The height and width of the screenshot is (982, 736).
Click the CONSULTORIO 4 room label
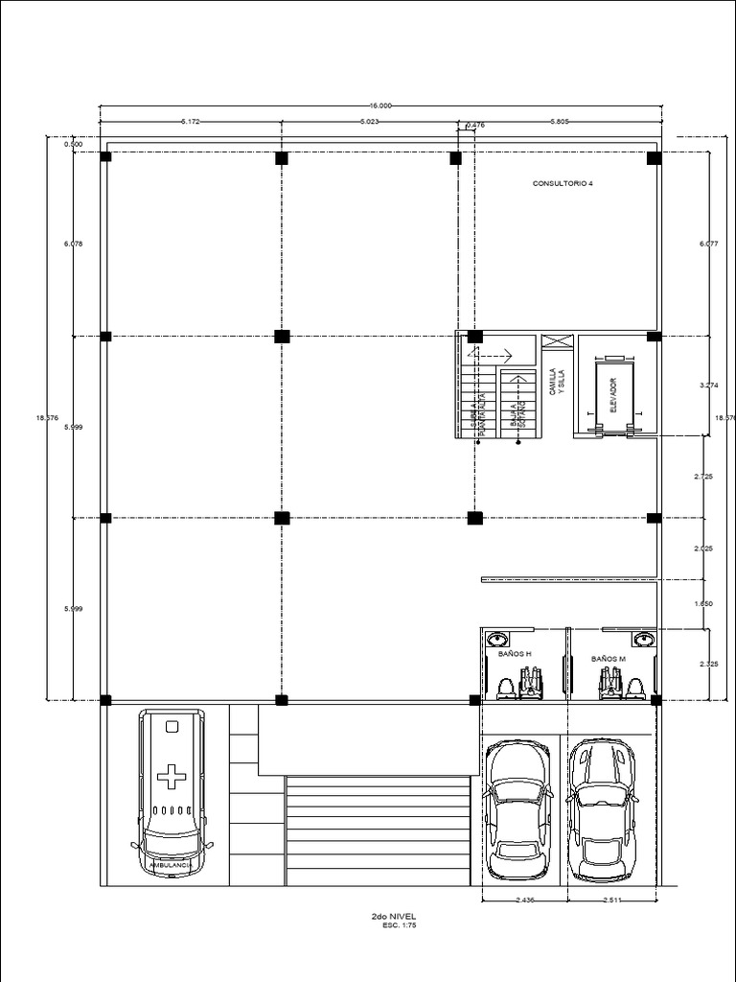click(x=563, y=182)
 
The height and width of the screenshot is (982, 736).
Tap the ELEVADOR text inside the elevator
click(x=613, y=394)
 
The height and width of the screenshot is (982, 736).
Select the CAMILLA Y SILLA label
click(x=557, y=383)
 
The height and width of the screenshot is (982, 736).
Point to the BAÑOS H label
click(x=515, y=654)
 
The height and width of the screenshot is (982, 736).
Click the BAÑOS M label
click(x=608, y=659)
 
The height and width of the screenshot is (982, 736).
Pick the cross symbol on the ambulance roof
click(x=172, y=776)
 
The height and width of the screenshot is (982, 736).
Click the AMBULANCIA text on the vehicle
click(x=172, y=865)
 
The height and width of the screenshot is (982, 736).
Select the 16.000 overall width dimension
click(x=379, y=105)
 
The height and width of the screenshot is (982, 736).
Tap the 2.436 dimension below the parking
click(x=523, y=900)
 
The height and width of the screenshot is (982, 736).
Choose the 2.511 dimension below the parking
click(x=614, y=900)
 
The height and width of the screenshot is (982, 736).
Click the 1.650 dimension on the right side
click(x=704, y=604)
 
